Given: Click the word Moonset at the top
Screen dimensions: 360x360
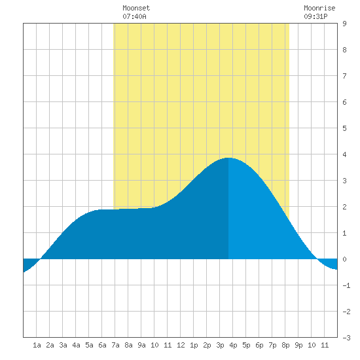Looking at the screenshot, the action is tap(136, 8).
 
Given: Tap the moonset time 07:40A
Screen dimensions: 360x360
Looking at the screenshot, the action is tap(134, 16).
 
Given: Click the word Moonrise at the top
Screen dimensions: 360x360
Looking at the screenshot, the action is tap(319, 8).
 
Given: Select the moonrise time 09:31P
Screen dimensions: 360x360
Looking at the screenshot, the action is tap(315, 16).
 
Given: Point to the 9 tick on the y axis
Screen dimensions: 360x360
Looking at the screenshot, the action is tap(344, 24).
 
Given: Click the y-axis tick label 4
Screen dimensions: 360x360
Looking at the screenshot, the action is tap(344, 154).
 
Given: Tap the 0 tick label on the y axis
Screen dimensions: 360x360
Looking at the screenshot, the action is tap(344, 259).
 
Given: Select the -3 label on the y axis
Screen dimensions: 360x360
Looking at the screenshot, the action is tap(346, 338).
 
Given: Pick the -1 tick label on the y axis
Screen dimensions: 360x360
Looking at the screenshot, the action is tap(346, 285).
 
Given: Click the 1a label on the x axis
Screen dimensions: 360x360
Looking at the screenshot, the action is tap(37, 345).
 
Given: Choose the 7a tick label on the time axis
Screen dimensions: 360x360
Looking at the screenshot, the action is tap(115, 345).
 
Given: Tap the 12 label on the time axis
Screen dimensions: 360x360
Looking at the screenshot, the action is tap(181, 345).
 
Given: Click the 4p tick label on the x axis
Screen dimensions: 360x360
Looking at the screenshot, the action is tap(233, 345).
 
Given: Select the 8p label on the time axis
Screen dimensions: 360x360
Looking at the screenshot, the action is tap(285, 345).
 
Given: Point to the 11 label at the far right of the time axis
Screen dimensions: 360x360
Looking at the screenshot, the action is tap(325, 345).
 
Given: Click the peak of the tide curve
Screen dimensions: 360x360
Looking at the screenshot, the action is tap(228, 158).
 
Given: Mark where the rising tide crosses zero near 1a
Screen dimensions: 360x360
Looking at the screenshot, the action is tap(41, 259).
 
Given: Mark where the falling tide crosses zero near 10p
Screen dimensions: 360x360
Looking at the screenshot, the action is tap(317, 259).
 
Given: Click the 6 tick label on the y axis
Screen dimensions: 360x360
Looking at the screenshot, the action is tap(344, 102).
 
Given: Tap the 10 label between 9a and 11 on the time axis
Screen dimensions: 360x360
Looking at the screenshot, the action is tap(154, 345).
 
